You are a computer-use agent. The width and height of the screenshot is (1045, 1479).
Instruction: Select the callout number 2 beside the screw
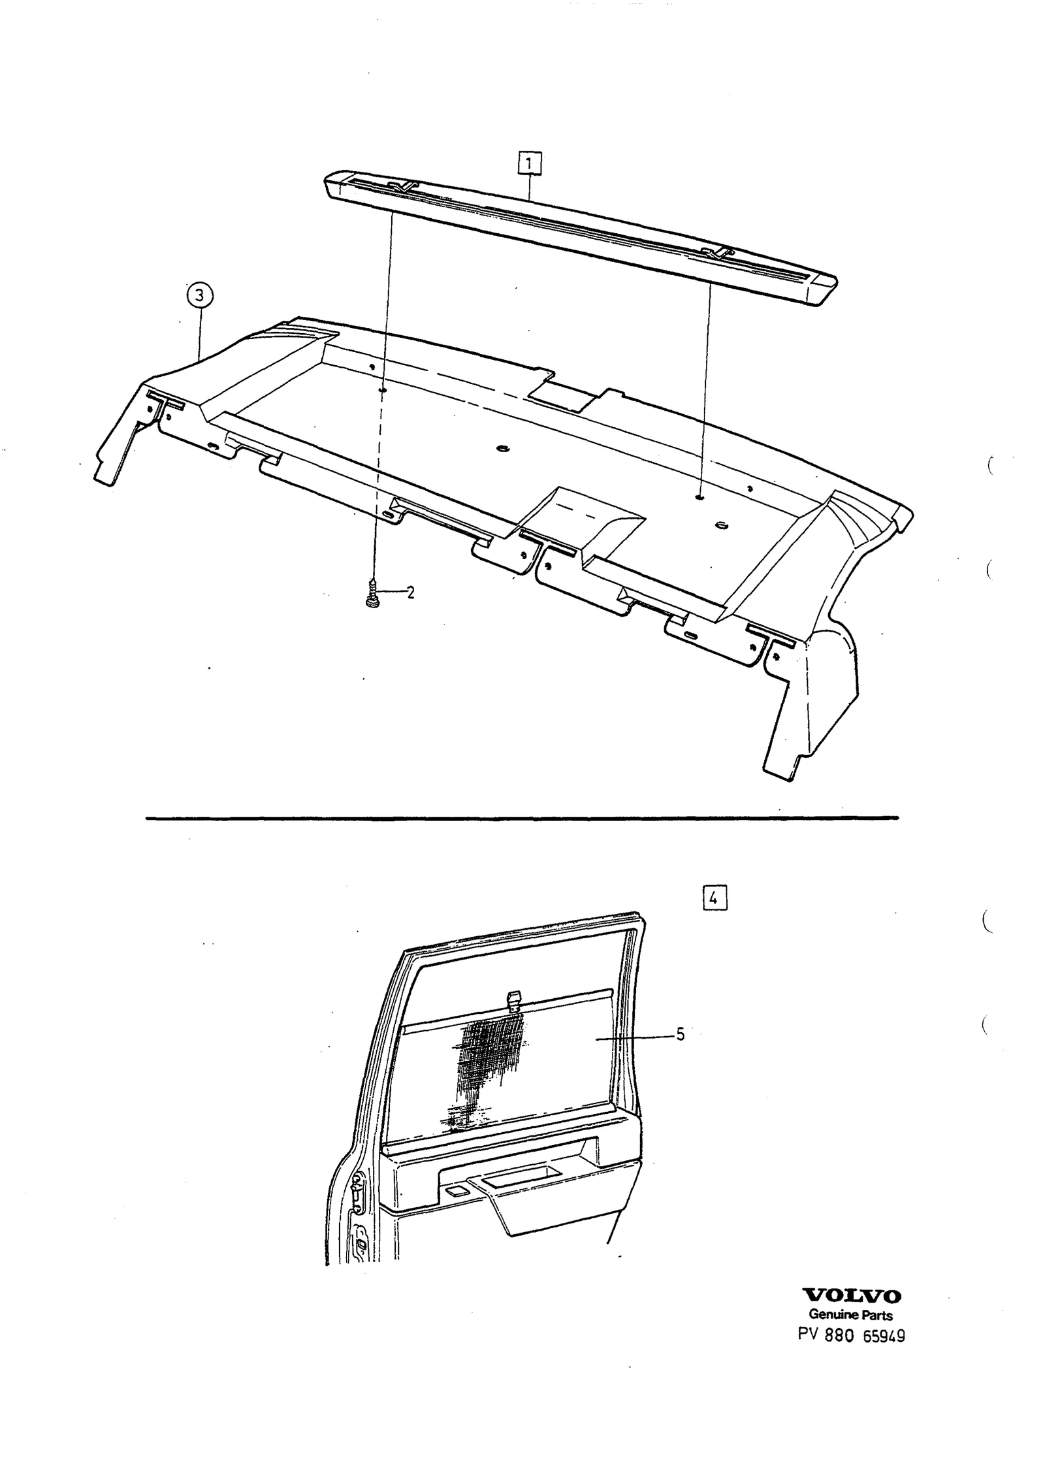click(410, 593)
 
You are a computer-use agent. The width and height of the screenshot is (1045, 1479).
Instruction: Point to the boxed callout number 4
click(715, 898)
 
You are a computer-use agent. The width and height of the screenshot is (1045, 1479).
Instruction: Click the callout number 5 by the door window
click(680, 1034)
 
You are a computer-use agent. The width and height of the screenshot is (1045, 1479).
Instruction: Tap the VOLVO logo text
click(851, 1296)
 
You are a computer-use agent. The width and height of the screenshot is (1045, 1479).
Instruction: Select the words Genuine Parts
click(850, 1314)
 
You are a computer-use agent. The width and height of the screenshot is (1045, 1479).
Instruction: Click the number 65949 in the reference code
click(884, 1336)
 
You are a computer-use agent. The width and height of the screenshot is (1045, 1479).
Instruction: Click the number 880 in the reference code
click(839, 1335)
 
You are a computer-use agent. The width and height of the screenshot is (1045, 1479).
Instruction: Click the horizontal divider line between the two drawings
click(522, 817)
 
